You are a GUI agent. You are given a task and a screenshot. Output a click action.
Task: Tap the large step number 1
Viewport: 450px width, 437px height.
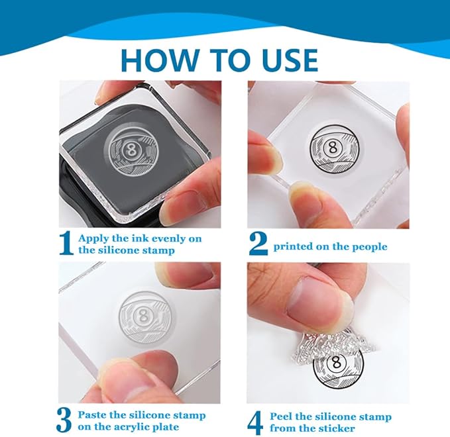point(66,244)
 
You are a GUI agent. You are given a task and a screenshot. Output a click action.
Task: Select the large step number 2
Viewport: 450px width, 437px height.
point(258,244)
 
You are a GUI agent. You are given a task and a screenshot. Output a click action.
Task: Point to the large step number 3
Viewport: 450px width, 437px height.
point(64,421)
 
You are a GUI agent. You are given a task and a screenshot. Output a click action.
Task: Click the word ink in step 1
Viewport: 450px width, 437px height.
point(141,238)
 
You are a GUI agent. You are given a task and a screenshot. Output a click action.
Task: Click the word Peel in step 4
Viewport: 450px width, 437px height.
point(282,416)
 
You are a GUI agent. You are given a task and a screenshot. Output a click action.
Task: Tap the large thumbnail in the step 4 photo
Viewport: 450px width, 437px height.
point(320,302)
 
